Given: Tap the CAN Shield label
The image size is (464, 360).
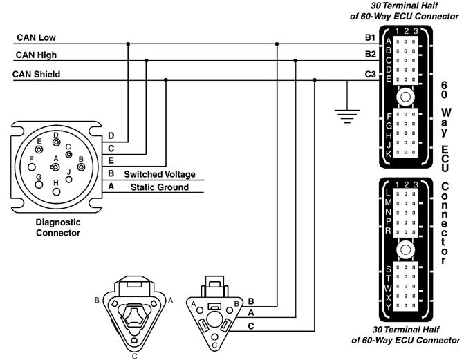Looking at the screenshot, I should pyautogui.click(x=36, y=74).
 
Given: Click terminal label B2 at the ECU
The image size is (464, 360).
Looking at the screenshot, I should pyautogui.click(x=370, y=54).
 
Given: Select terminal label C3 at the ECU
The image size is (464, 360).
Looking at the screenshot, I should pyautogui.click(x=370, y=74).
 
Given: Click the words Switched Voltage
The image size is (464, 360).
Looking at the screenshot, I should pyautogui.click(x=160, y=174).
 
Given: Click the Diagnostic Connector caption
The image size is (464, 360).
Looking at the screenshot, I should pyautogui.click(x=58, y=227).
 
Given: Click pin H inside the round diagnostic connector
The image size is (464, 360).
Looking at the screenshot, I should pyautogui.click(x=58, y=192).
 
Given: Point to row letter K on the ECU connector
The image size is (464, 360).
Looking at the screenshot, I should pyautogui.click(x=389, y=154).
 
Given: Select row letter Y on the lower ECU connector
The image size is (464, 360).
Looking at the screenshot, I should pyautogui.click(x=389, y=305).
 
